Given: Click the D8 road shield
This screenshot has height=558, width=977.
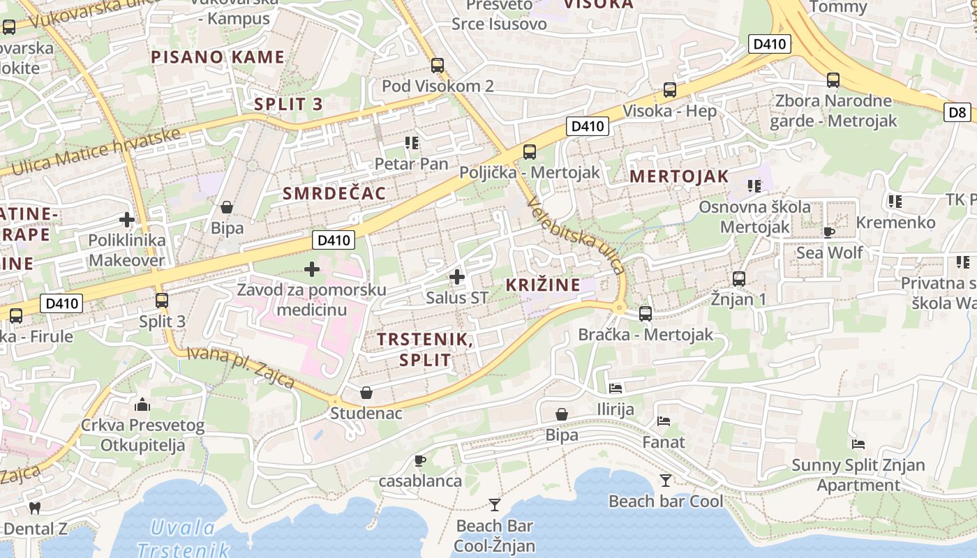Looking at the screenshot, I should pyautogui.click(x=958, y=112).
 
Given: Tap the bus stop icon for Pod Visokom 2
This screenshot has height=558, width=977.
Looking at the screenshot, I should pyautogui.click(x=438, y=66).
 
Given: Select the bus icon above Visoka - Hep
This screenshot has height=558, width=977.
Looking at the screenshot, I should pyautogui.click(x=670, y=89).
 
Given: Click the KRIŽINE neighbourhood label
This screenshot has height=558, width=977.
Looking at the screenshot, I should pyautogui.click(x=543, y=285).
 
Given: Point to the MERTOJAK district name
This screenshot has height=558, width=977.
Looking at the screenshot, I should pyautogui.click(x=679, y=176).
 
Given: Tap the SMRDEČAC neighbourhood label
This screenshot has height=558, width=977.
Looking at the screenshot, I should pyautogui.click(x=334, y=194).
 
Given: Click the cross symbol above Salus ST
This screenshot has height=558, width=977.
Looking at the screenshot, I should pyautogui.click(x=457, y=277).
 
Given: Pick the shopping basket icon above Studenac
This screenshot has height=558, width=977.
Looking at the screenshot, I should pyautogui.click(x=366, y=393).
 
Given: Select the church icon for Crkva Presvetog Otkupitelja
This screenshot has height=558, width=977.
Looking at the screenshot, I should pyautogui.click(x=142, y=405).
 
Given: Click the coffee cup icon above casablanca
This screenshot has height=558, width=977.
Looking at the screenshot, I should pyautogui.click(x=419, y=460).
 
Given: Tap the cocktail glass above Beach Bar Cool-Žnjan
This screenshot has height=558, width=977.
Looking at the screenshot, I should pyautogui.click(x=495, y=504).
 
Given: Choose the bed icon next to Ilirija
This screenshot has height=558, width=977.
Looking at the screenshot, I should pyautogui.click(x=616, y=388).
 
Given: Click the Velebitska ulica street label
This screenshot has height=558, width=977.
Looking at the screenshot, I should pyautogui.click(x=576, y=234).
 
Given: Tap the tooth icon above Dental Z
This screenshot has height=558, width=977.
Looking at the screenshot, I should pyautogui.click(x=35, y=508).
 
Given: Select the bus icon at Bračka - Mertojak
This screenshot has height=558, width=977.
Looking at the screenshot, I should pyautogui.click(x=646, y=314).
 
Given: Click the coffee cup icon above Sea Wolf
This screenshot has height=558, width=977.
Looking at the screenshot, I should pyautogui.click(x=829, y=232).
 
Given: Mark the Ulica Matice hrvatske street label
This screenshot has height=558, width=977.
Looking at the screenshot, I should pyautogui.click(x=96, y=152).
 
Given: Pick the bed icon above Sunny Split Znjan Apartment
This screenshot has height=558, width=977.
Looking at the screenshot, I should pyautogui.click(x=858, y=444).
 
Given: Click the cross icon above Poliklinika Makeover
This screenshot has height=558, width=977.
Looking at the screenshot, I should pyautogui.click(x=127, y=220).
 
